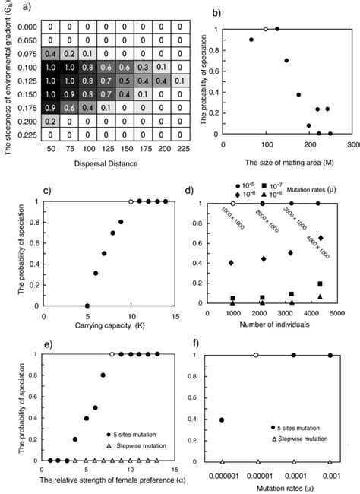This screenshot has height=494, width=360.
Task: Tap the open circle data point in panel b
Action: [x=265, y=29]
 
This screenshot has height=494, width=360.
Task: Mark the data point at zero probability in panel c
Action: [x=87, y=306]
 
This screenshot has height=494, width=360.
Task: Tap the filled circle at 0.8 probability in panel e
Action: [x=103, y=375]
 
